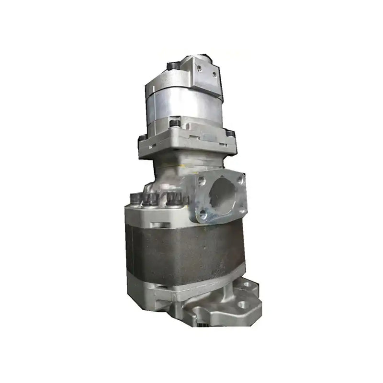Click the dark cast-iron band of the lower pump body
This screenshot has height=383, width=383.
click(182, 254)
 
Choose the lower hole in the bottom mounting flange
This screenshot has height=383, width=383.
click(242, 304)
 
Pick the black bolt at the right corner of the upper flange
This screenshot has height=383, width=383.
click(231, 133)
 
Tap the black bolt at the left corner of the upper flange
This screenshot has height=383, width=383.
click(142, 138)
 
